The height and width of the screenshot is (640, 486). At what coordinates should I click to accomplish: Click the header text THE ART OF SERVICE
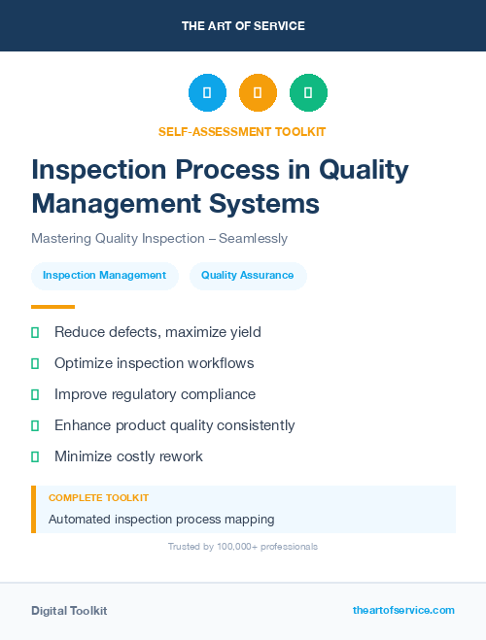point(243,26)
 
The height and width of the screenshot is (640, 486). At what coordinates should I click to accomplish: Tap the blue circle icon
point(207,93)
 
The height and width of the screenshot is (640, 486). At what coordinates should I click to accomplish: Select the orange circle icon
point(258,93)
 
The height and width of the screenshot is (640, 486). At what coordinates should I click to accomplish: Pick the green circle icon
point(308,93)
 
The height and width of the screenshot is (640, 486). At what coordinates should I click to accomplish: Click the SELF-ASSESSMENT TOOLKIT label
point(243,131)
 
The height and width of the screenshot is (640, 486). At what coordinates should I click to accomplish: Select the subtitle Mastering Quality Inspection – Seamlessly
point(159,238)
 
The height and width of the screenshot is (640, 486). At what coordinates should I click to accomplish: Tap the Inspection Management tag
point(105,275)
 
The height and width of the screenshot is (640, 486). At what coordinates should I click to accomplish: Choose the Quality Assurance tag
point(248,275)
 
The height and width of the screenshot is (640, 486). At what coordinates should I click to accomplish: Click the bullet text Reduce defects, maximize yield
point(157,332)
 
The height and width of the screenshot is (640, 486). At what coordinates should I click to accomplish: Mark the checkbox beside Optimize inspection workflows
point(35,363)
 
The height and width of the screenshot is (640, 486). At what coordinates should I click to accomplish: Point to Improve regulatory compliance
point(155,394)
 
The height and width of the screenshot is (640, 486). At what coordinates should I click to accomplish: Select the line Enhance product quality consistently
point(174,425)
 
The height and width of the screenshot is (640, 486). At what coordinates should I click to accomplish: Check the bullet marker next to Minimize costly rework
point(35,456)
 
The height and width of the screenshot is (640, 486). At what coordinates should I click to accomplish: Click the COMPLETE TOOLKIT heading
point(98,497)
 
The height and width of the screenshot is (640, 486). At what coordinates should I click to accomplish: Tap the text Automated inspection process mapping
point(161,519)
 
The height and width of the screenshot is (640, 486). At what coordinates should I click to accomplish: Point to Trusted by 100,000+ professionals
point(243,547)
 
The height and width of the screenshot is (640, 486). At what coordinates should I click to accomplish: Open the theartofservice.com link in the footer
point(403,610)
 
